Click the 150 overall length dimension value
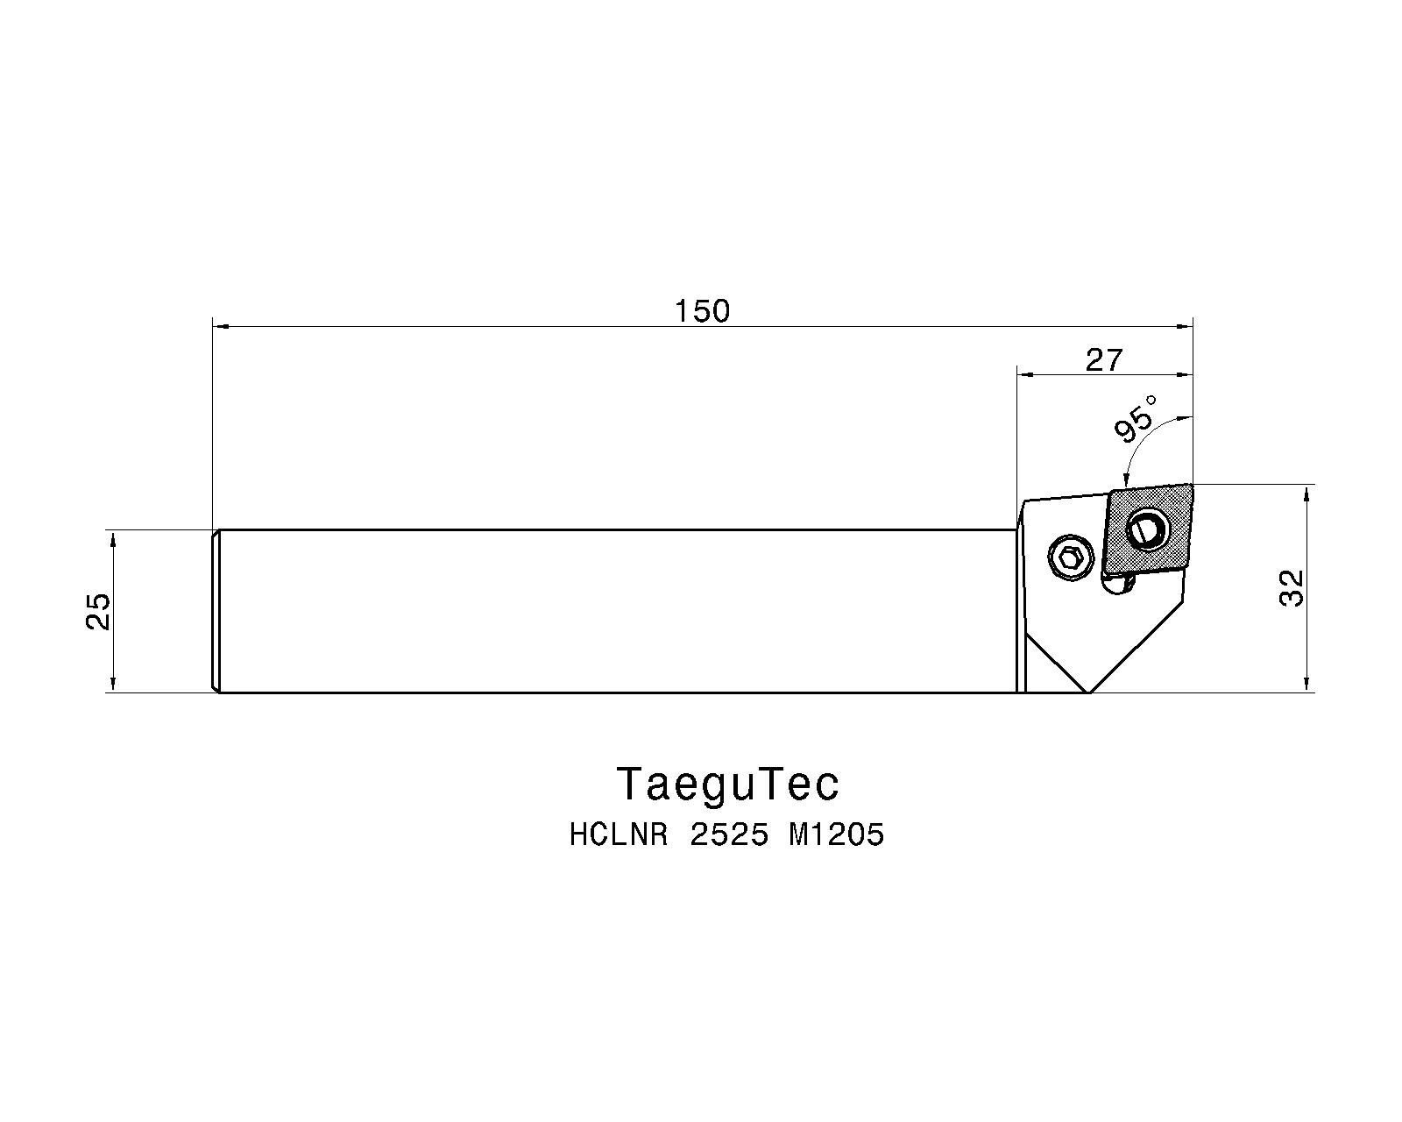[x=702, y=311]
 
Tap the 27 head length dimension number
[x=1103, y=360]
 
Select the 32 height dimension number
[x=1292, y=588]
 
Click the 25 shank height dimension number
[x=98, y=611]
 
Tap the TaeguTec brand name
[x=727, y=784]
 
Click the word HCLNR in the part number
[x=619, y=835]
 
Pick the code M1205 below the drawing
[x=837, y=835]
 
